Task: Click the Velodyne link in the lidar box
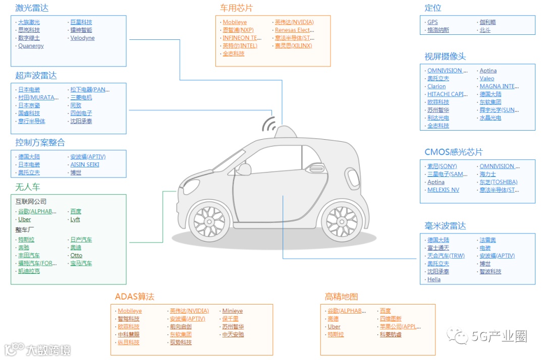coord(82,38)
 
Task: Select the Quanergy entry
coord(31,46)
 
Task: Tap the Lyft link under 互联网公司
coord(75,219)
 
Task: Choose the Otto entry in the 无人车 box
coord(76,255)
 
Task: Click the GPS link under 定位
coord(432,22)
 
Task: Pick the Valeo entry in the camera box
coord(487,79)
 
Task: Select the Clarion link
coord(437,86)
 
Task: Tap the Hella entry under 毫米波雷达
coord(434,279)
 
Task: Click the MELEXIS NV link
coord(443,190)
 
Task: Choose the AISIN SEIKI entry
coord(85,164)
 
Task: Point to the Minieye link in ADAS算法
coord(233,311)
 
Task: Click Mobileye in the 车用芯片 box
coord(235,22)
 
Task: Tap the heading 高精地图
coord(341,297)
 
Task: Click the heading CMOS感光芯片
coord(453,152)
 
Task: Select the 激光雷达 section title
coord(32,8)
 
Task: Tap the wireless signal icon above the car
coord(269,124)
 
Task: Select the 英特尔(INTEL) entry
coord(240,46)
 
